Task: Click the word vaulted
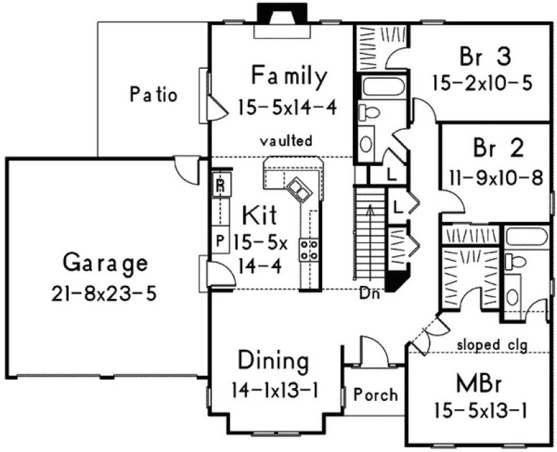287,142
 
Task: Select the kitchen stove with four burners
310,250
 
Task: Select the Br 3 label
481,54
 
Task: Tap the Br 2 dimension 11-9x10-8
496,178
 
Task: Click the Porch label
376,395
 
